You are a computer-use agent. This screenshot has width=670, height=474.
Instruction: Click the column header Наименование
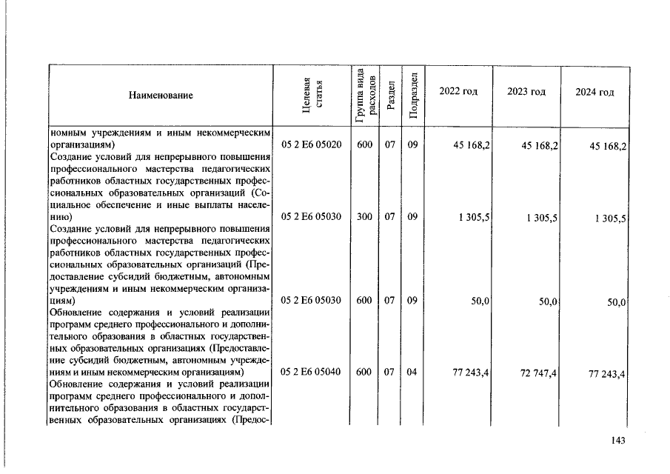[161, 96]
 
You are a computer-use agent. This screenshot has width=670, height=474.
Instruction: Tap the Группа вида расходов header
[364, 96]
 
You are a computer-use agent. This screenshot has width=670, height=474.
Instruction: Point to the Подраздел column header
[415, 96]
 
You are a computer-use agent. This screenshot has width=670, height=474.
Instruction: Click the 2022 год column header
[458, 91]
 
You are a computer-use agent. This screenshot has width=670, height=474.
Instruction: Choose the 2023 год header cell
[526, 91]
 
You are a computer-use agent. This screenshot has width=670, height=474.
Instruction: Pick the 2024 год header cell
[594, 92]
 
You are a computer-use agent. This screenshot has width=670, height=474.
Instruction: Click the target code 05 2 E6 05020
[311, 145]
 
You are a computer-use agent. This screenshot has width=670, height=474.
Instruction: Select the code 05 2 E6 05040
[311, 372]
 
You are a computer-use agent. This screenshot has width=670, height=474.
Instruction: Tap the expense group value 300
[364, 217]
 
